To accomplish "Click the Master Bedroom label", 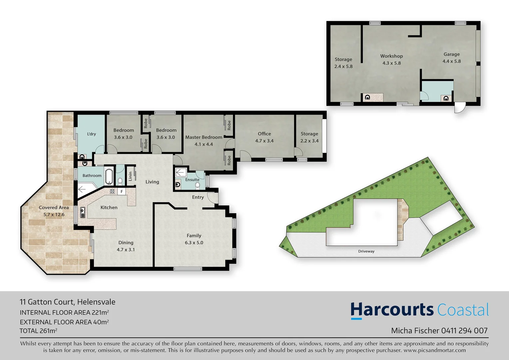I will tap(204, 137).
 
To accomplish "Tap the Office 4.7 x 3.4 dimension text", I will tap(264, 141).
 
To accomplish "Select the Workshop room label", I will tap(391, 56).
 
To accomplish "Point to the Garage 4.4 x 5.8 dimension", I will tap(451, 61).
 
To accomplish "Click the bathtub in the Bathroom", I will tap(109, 176).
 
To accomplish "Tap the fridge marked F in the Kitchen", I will tap(122, 192).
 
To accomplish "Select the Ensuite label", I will tap(192, 180).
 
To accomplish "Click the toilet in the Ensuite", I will tap(198, 185).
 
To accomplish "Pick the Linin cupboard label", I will tap(130, 175).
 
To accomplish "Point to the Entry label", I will tap(198, 197).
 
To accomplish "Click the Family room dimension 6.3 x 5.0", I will tap(194, 243).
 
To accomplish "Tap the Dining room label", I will tap(126, 243).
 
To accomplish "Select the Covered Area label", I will tap(54, 207).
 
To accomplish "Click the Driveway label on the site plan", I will tap(366, 251).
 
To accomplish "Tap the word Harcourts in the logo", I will tap(392, 310).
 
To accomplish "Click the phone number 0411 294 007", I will tap(464, 330).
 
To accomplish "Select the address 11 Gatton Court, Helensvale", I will tap(68, 302).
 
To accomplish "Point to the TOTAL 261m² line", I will tap(38, 331).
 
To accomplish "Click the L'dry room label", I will tap(91, 134).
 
